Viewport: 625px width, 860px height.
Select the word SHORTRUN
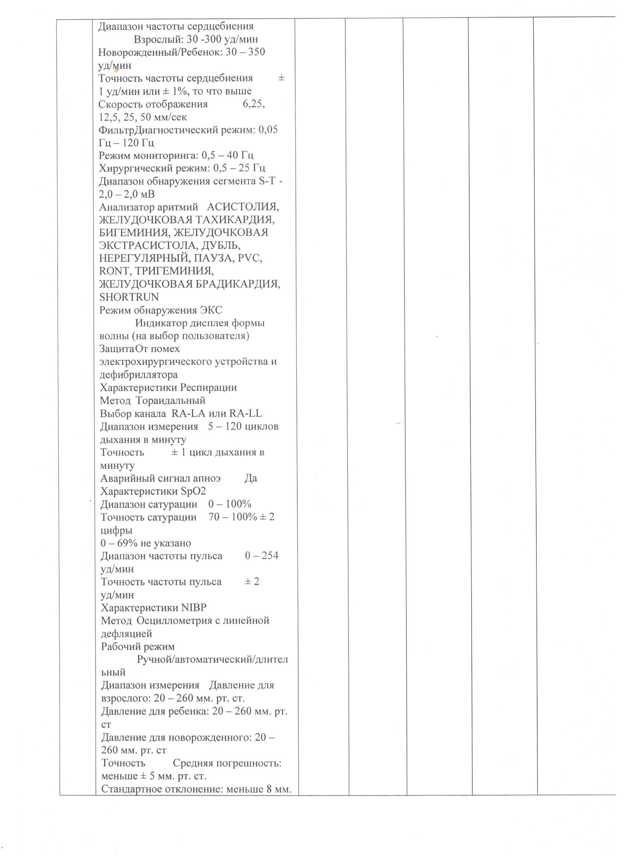pyautogui.click(x=129, y=297)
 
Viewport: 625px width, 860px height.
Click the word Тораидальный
pyautogui.click(x=171, y=401)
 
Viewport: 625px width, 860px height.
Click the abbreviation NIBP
pyautogui.click(x=194, y=608)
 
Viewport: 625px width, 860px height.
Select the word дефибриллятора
pyautogui.click(x=138, y=374)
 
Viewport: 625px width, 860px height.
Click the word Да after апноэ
pyautogui.click(x=251, y=478)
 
